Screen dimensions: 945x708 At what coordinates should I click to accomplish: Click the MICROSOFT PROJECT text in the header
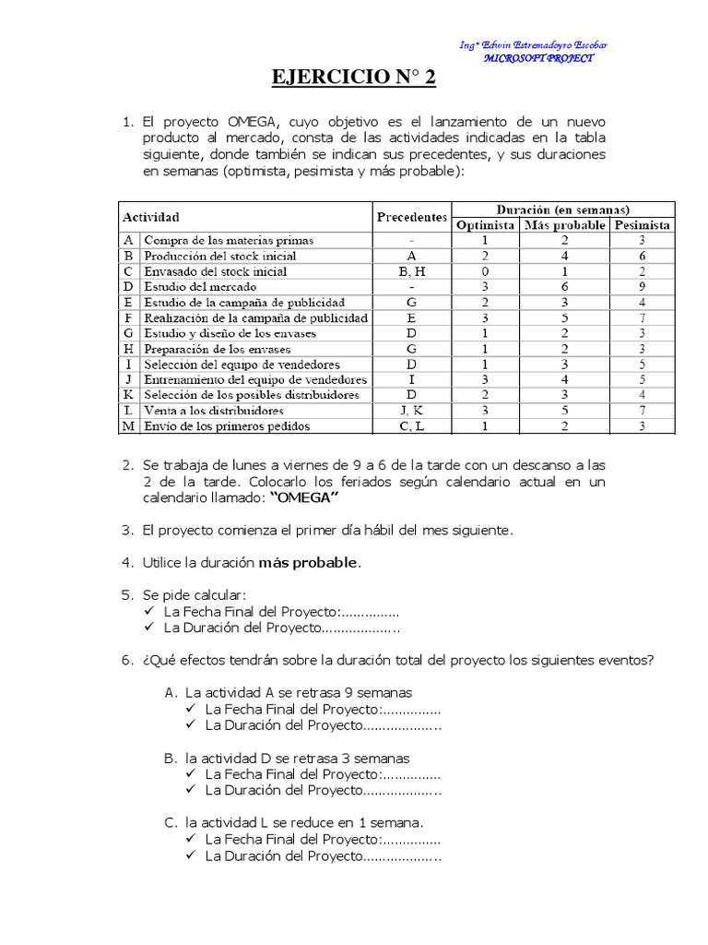[x=539, y=57]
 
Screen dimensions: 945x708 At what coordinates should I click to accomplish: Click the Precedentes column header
[x=411, y=218]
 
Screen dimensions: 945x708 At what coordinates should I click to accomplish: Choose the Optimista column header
[x=485, y=225]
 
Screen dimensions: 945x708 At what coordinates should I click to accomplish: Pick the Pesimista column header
[x=643, y=225]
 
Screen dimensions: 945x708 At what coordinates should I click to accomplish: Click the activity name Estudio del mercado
[x=191, y=287]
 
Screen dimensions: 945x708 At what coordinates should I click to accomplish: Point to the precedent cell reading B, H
[x=411, y=271]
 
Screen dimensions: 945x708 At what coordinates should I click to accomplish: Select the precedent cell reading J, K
[x=411, y=411]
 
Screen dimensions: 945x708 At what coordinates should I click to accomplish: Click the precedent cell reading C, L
[x=411, y=426]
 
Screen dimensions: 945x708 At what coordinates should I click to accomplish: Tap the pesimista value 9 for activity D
[x=643, y=287]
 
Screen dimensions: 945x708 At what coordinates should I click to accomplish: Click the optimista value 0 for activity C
[x=485, y=271]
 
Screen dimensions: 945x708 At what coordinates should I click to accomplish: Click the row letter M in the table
[x=129, y=426]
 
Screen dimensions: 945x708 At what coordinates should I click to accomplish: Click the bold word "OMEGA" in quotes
[x=304, y=498]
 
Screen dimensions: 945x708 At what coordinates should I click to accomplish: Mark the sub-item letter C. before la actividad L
[x=171, y=821]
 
